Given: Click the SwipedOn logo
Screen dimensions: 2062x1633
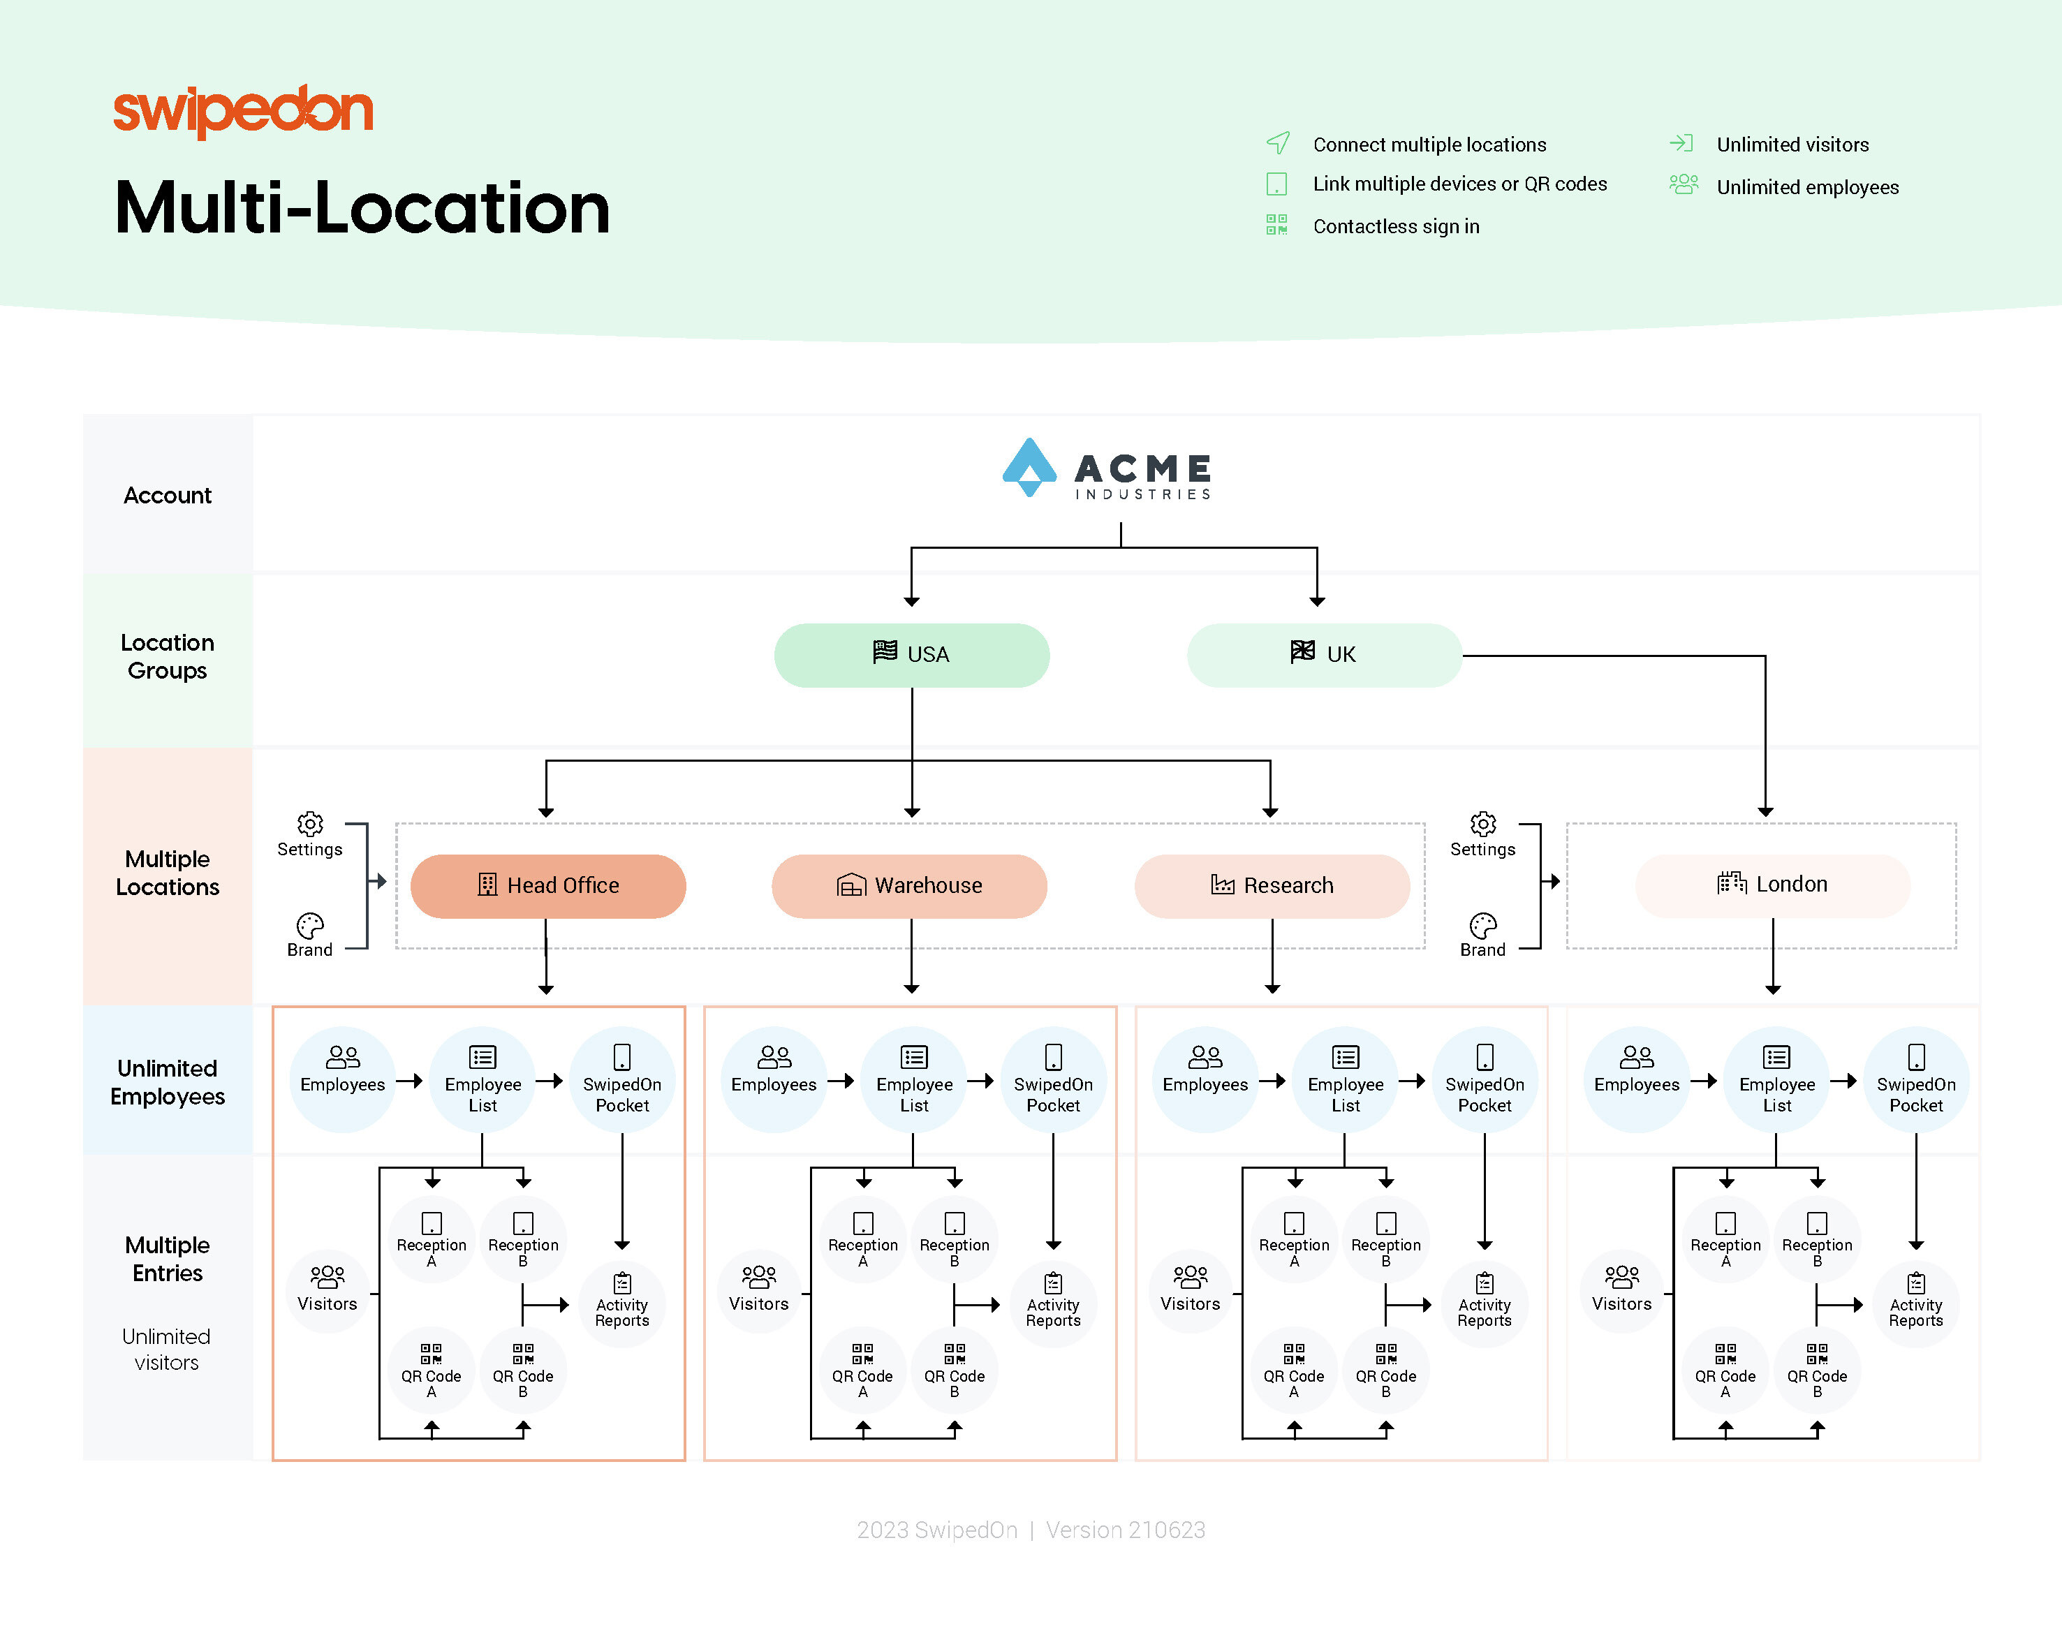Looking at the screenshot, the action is tap(243, 111).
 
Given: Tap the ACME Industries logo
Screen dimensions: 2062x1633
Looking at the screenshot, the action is tap(1107, 468).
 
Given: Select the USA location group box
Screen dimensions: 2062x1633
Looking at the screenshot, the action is tap(911, 655).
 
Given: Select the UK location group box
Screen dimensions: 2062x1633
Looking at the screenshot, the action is tap(1324, 655).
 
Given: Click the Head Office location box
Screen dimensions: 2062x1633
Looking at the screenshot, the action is tap(548, 885).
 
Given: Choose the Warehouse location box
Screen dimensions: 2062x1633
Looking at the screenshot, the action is tap(910, 885).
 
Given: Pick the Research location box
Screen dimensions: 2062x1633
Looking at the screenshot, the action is tap(1272, 885).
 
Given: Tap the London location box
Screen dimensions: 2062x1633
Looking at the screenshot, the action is tap(1772, 885).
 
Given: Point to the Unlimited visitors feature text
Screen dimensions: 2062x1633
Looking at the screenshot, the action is tap(1792, 145).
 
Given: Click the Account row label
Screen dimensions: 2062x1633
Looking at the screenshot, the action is tap(168, 495).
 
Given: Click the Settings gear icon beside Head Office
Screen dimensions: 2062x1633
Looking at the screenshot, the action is tap(310, 823).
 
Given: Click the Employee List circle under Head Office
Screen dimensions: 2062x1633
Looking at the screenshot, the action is tap(483, 1080).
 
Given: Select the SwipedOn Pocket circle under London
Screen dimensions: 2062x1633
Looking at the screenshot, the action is tap(1915, 1080).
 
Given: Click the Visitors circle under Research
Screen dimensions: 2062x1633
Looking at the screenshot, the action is tap(1190, 1291).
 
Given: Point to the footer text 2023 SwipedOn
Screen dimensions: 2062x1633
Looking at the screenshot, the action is tap(936, 1530).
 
